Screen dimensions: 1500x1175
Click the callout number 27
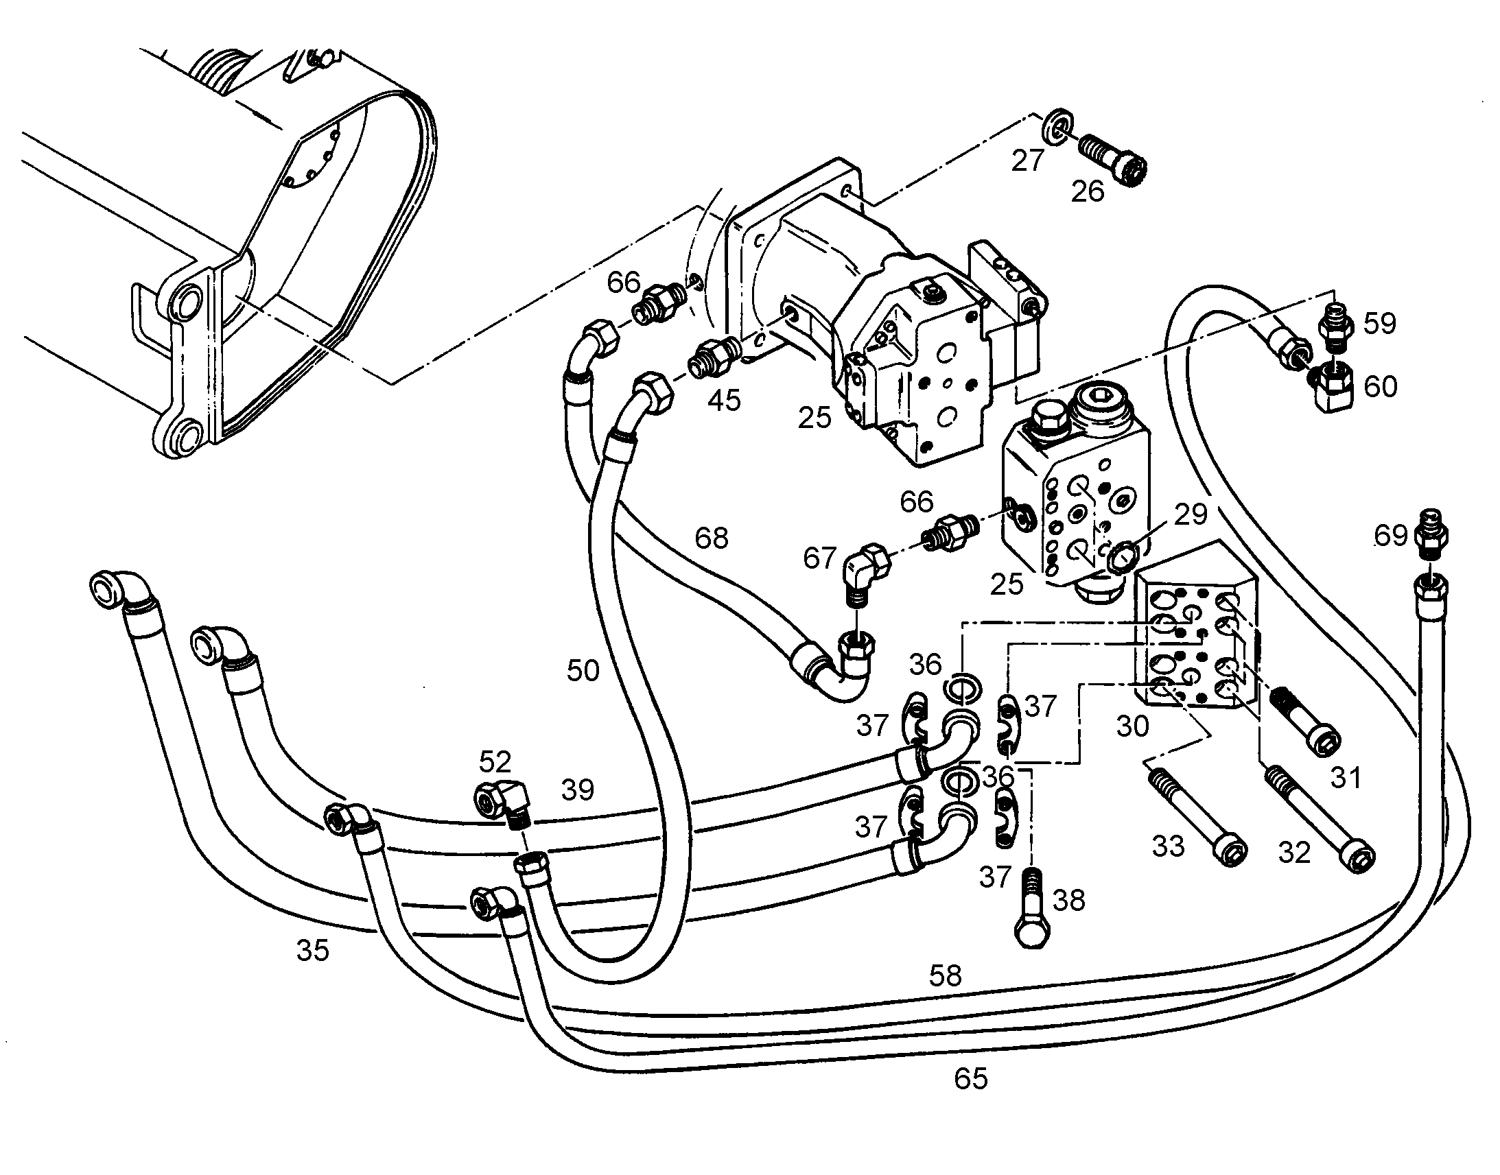tap(1028, 161)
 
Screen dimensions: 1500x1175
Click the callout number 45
tap(725, 399)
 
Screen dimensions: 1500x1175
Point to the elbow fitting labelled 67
tap(864, 568)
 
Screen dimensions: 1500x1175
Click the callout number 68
tap(711, 538)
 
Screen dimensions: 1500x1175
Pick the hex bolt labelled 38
tap(1032, 907)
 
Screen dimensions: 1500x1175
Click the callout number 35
tap(313, 951)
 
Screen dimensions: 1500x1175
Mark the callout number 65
tap(971, 1079)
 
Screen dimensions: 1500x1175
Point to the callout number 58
tap(945, 975)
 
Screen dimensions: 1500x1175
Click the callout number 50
tap(583, 670)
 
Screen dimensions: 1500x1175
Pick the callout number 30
tap(1132, 726)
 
